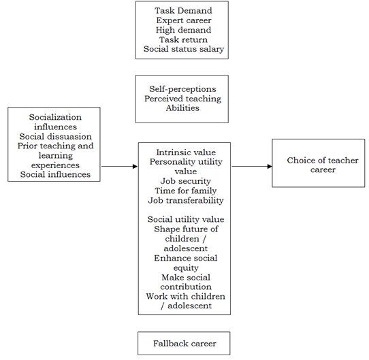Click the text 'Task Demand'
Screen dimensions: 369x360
coord(183,11)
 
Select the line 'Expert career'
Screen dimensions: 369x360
coord(184,20)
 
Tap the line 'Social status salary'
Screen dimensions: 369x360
coord(184,49)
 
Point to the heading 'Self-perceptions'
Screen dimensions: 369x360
coord(182,89)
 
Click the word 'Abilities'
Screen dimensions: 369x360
coord(182,108)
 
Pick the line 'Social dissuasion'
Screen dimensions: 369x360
coord(56,137)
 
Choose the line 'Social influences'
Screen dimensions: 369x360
coord(55,174)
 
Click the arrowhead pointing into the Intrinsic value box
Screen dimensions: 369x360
coord(135,166)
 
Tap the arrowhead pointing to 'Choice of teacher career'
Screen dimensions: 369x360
coord(270,166)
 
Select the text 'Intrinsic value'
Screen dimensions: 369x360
coord(186,152)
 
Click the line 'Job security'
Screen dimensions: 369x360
coord(186,181)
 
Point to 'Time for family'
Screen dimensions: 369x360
coord(186,191)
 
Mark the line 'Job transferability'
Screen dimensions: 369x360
coord(186,201)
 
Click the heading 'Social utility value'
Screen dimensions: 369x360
coord(186,220)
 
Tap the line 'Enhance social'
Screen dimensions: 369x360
coord(186,258)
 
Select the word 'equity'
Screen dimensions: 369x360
coord(186,268)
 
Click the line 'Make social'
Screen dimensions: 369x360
coord(186,278)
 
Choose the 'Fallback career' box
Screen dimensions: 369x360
coord(184,343)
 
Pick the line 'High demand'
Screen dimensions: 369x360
coord(184,30)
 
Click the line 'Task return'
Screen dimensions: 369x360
coord(184,39)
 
